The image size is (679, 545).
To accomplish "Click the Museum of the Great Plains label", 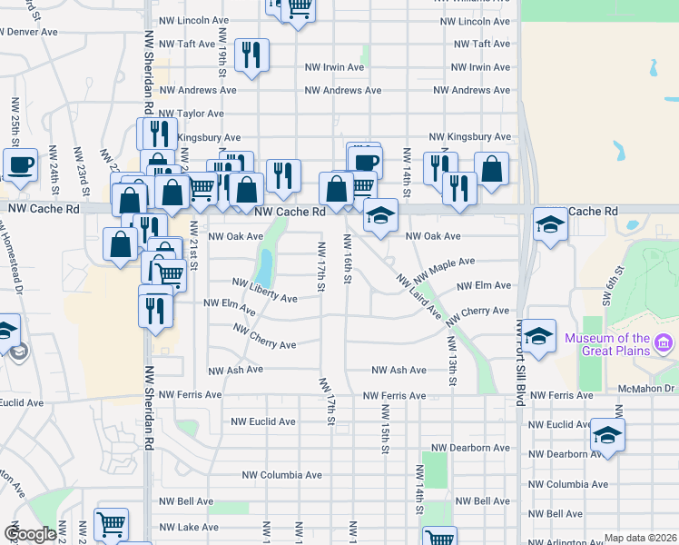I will point(607,345).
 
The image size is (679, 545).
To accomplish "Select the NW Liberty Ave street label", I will point(264,292).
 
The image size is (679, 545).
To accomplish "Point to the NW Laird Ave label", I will point(418,296).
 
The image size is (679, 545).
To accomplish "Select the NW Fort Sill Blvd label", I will point(521,360).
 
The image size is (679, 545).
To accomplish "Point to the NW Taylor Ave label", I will point(192,114).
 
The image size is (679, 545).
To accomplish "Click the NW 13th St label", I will point(450,359).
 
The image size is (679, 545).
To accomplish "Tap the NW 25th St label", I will point(15,122).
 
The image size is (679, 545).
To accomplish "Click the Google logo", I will point(30,533).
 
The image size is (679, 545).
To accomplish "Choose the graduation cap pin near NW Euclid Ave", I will point(606,434).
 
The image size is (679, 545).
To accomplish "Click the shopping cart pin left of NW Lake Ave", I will point(111,524).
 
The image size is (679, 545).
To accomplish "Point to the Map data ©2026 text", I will point(640,538).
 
